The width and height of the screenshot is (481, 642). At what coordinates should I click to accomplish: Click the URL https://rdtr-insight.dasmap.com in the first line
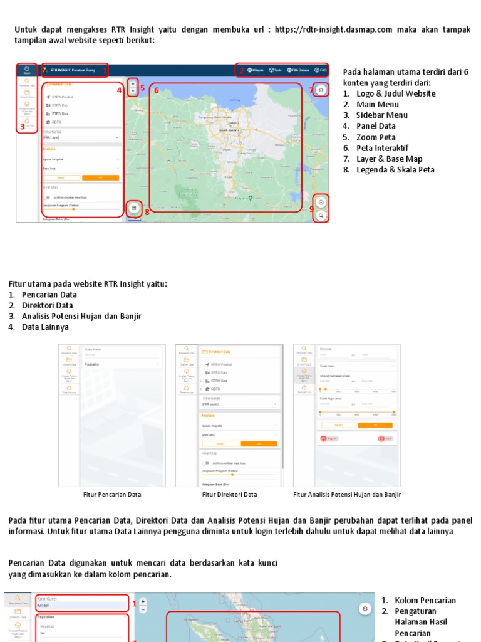click(x=333, y=29)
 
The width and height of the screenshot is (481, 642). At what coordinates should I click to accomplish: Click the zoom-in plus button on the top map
click(x=133, y=83)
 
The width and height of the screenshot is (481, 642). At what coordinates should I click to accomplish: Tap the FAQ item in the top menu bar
click(x=321, y=70)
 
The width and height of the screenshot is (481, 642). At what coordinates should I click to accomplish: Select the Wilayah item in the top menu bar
click(x=255, y=70)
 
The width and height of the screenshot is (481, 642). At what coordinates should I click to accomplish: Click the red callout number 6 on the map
click(x=157, y=90)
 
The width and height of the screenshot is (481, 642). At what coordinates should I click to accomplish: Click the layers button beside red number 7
click(x=321, y=90)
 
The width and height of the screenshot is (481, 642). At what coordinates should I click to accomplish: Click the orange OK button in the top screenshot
click(x=101, y=177)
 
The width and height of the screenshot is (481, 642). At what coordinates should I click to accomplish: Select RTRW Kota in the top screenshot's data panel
click(x=60, y=113)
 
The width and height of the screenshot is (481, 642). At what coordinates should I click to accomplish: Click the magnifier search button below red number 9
click(x=321, y=216)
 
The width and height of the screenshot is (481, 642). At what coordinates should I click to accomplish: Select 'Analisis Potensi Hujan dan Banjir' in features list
click(x=81, y=316)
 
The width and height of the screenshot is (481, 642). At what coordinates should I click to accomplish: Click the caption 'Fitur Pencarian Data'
click(x=112, y=495)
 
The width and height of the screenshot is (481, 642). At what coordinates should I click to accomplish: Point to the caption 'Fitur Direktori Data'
click(x=229, y=495)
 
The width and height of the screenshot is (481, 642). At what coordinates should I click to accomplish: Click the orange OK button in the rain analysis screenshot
click(x=376, y=424)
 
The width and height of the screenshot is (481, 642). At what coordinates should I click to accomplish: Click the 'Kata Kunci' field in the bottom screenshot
click(x=81, y=606)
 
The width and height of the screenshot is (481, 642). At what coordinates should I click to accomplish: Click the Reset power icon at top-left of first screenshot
click(x=27, y=69)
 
